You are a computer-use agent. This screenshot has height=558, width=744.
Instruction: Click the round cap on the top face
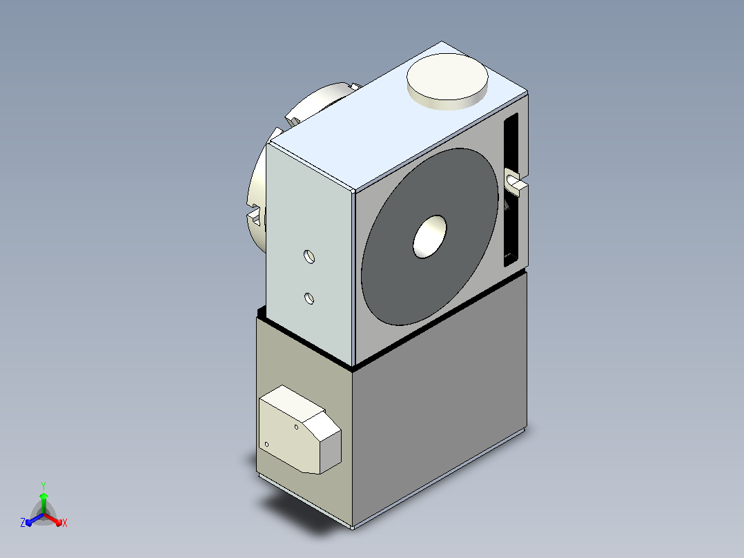coord(447,81)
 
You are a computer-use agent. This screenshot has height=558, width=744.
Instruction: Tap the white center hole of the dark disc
coord(430,237)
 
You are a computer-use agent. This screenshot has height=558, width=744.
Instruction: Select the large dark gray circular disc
coord(429,236)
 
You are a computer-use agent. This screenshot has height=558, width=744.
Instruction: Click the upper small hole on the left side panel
coord(309,256)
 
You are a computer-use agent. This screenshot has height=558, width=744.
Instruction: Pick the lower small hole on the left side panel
coord(309,298)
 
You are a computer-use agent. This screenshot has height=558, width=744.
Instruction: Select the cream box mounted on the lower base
coord(300,430)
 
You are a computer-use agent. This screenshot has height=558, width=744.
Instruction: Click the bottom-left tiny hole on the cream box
coord(266,445)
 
